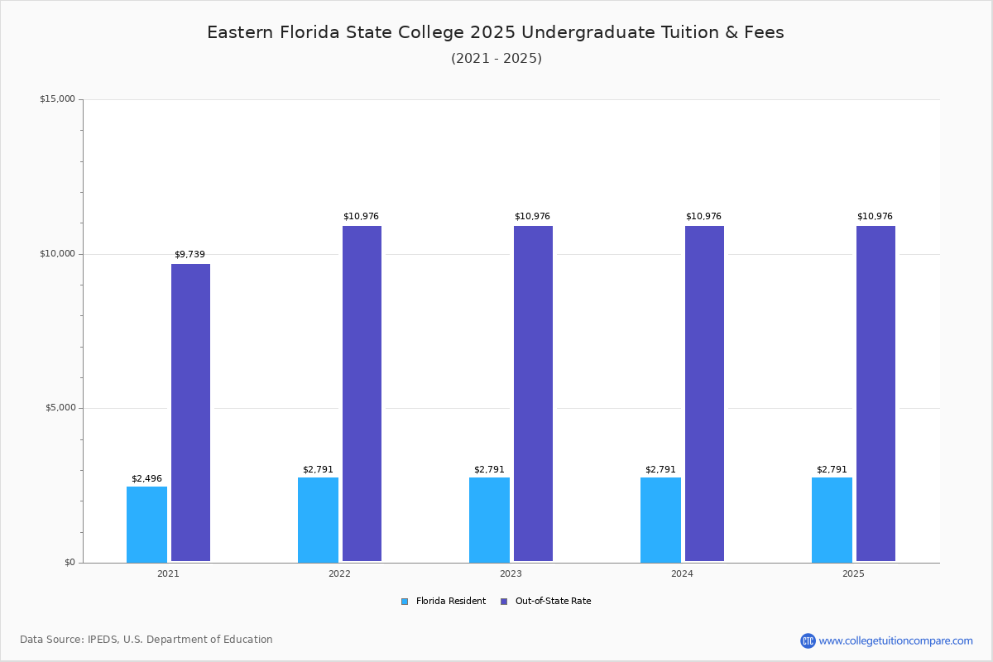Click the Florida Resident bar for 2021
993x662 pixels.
pos(146,524)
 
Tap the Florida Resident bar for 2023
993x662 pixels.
pos(489,520)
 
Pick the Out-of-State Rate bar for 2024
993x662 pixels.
pos(704,394)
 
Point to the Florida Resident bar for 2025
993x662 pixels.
pos(832,520)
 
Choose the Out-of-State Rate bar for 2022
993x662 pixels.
pos(362,394)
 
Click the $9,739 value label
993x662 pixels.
pos(189,254)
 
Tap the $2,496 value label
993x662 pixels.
pos(146,478)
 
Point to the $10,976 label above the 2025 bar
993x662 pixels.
pos(875,216)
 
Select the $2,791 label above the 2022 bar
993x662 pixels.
pos(318,469)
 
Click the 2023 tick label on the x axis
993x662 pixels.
pos(511,573)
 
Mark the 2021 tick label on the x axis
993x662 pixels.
pos(168,573)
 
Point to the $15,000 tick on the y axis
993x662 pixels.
pos(57,99)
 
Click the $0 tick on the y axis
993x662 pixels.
pos(70,563)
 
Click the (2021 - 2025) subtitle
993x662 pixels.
pos(496,58)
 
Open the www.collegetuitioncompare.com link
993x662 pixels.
pos(895,640)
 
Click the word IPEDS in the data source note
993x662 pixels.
pos(104,640)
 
